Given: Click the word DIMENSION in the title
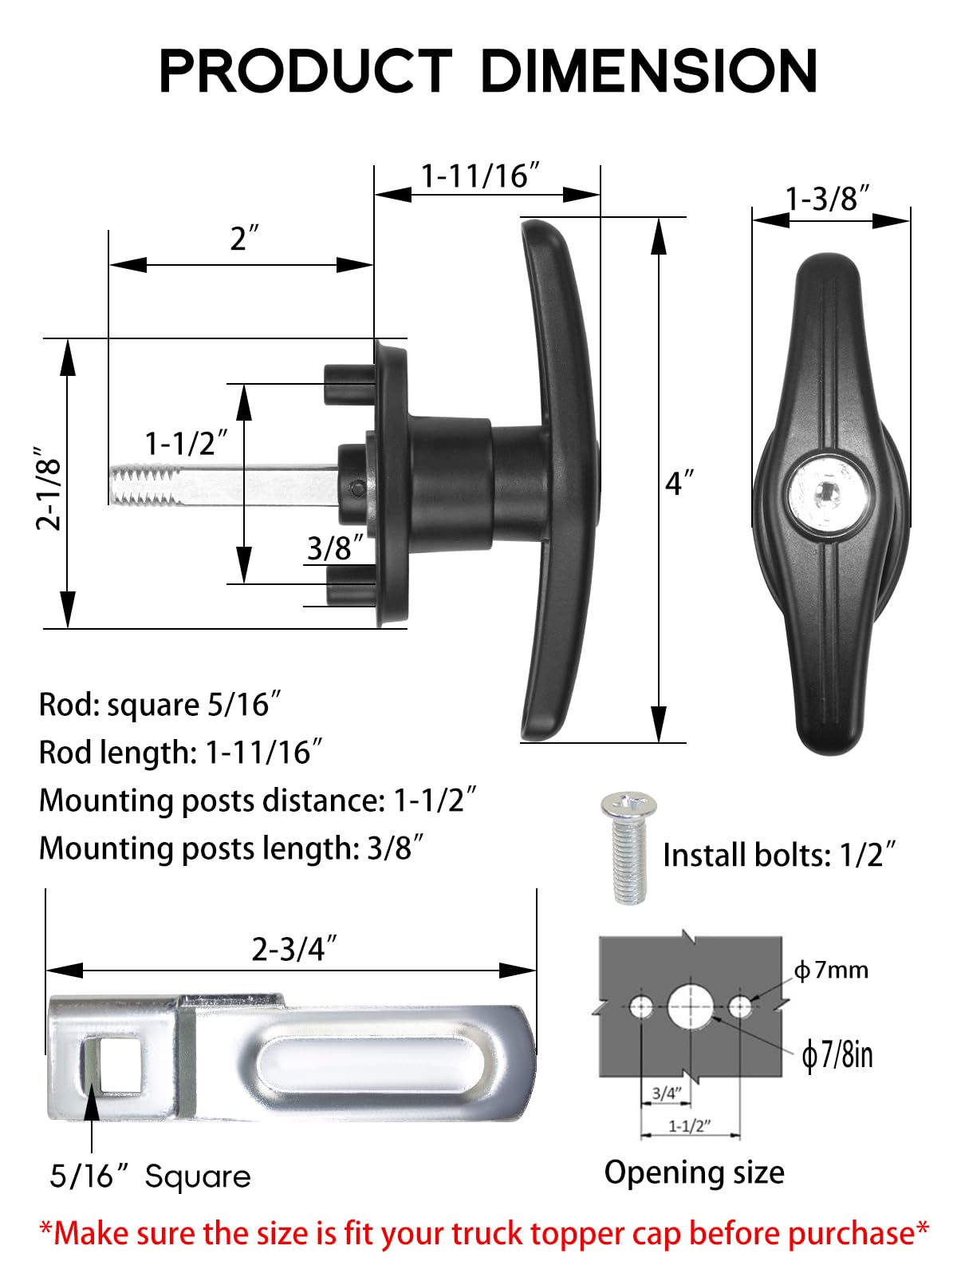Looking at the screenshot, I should pos(648,72).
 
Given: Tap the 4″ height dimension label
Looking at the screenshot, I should pos(679,483).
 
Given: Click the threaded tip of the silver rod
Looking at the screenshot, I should pos(144,486).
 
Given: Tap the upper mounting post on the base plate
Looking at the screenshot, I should pos(349,383).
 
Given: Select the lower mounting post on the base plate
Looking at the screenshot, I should pos(349,584).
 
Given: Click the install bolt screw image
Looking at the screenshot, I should pos(628,848).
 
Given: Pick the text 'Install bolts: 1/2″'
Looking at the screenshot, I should pos(779,856).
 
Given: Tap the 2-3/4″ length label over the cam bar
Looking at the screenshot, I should pos(294,949).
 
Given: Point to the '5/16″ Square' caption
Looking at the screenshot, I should pos(150,1176).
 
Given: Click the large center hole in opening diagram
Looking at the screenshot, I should pos(690,1007).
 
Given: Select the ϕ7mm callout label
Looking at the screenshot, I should pos(832,971).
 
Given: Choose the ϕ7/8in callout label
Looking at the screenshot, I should pos(837,1055).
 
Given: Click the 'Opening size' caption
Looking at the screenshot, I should pos(694,1172).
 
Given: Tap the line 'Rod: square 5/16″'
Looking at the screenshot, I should pos(159,705).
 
